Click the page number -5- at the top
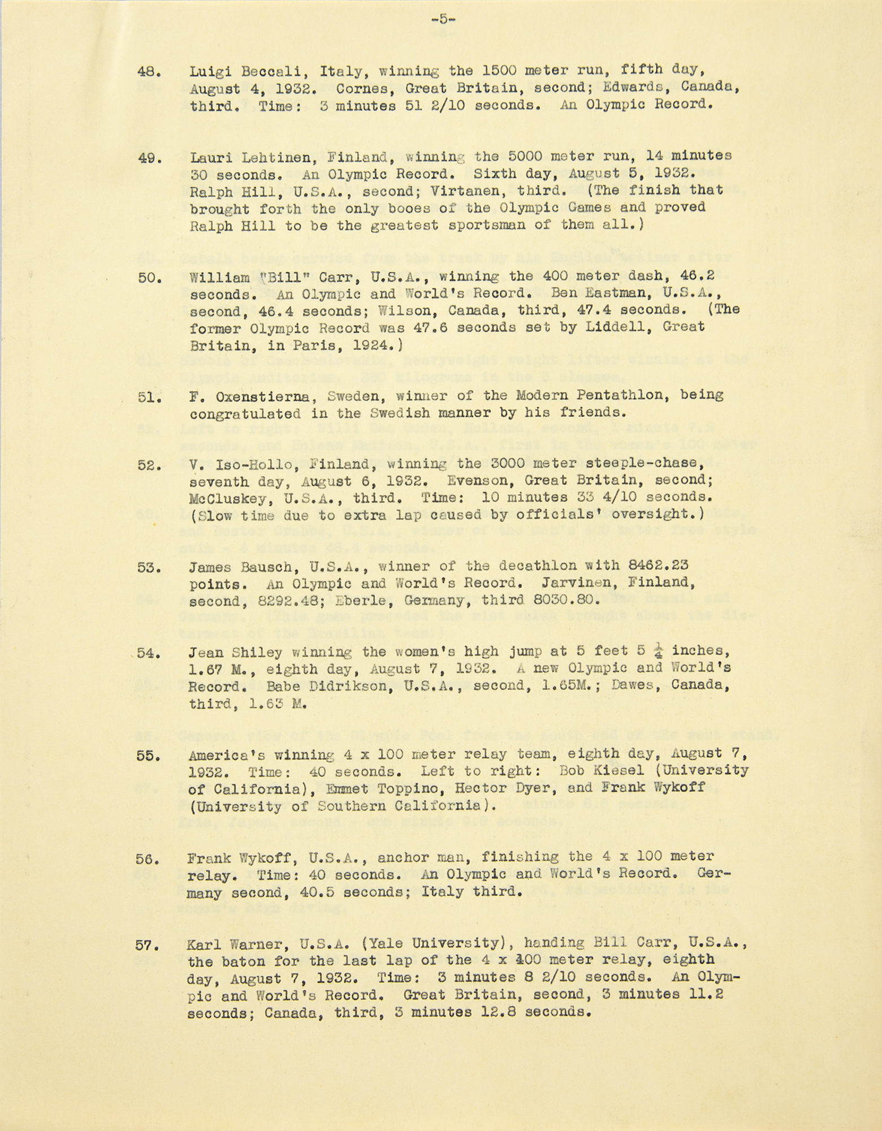(443, 19)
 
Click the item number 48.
(149, 72)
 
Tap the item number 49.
(149, 158)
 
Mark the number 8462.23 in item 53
(660, 565)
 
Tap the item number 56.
(149, 858)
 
